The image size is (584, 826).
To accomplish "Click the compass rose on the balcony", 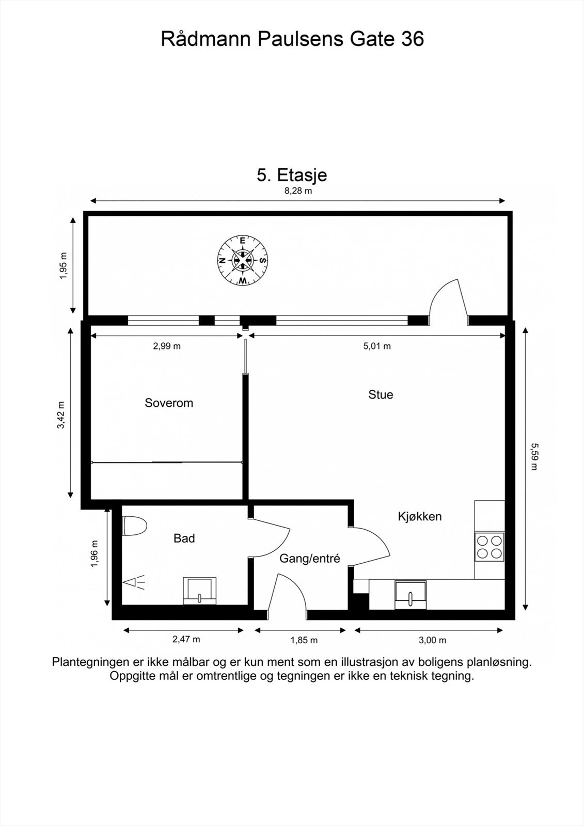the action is coord(242,260).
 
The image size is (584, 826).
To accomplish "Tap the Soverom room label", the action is coord(169,403).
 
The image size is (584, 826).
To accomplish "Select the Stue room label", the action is coord(381,394).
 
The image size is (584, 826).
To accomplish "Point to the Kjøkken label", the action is coord(420,517).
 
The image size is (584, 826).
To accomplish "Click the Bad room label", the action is coord(184,538).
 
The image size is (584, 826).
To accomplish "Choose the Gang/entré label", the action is coord(309,559).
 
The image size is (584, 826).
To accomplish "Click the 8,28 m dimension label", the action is coord(298,190).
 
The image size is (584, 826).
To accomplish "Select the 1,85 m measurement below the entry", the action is coord(304,640).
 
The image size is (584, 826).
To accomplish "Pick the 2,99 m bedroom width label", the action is coord(167,346).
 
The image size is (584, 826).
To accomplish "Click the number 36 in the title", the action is coord(413,39).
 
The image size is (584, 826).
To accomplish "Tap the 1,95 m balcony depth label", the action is coord(64,266).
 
